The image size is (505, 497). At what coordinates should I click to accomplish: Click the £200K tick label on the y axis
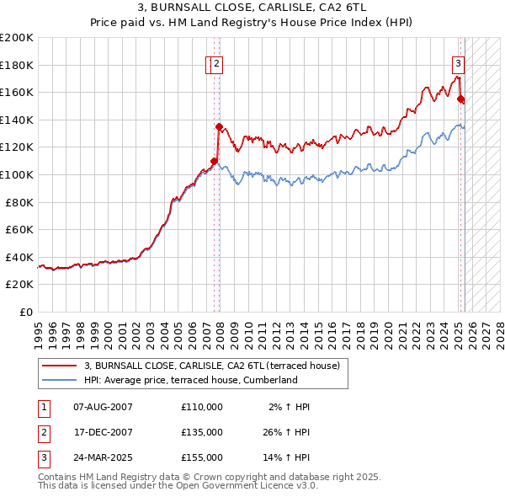click(17, 38)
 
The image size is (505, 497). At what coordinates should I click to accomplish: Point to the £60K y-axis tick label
click(19, 229)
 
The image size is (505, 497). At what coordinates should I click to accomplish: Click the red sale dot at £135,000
click(219, 127)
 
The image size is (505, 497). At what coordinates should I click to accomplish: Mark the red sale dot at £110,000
click(214, 161)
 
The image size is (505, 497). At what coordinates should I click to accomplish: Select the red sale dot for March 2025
click(460, 99)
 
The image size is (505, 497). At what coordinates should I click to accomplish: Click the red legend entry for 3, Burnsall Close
click(211, 366)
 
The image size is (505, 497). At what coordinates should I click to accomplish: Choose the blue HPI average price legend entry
click(190, 380)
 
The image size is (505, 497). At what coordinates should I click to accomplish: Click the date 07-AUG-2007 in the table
click(103, 407)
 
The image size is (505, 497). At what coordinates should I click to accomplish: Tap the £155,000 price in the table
click(202, 457)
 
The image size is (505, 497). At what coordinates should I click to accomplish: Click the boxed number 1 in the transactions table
click(43, 407)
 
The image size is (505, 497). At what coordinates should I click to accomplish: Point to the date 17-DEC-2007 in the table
click(103, 432)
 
